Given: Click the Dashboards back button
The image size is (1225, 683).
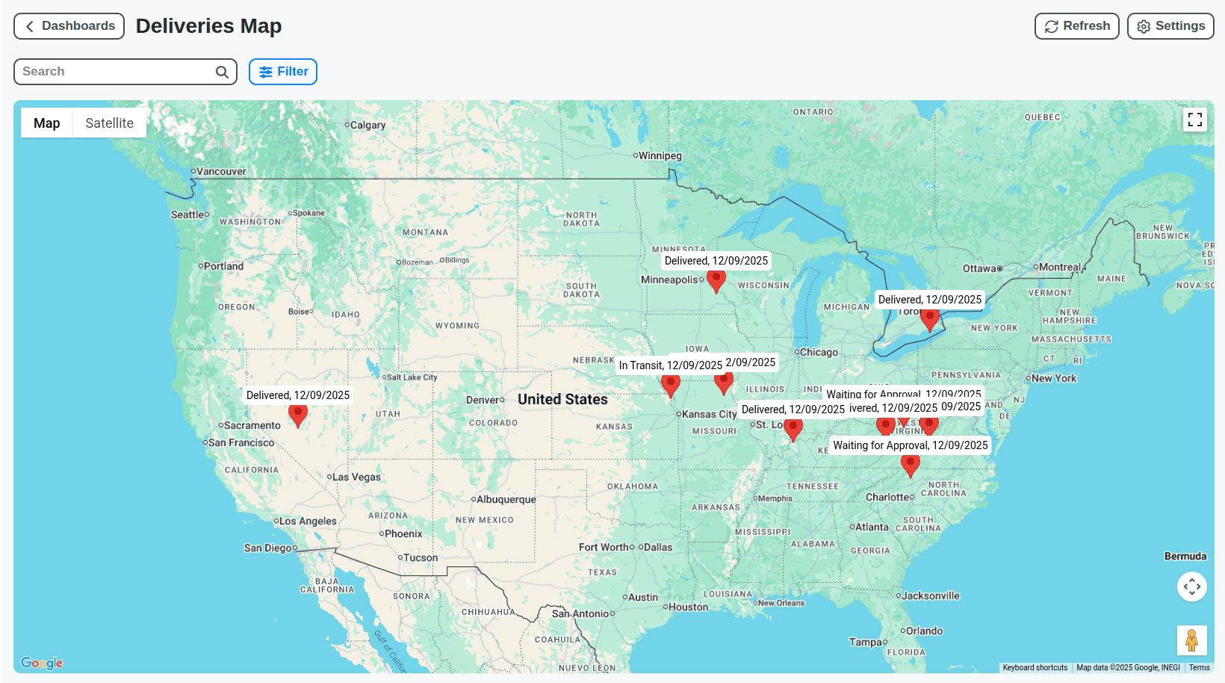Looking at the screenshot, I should pyautogui.click(x=69, y=26).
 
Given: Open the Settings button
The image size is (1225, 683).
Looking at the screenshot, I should pyautogui.click(x=1170, y=26).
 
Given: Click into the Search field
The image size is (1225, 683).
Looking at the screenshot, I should pyautogui.click(x=116, y=72).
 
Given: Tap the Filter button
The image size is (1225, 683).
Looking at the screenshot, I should pyautogui.click(x=283, y=72).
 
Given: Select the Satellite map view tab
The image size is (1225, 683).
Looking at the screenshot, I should pyautogui.click(x=109, y=123).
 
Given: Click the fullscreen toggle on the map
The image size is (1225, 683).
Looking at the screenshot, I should pyautogui.click(x=1194, y=120).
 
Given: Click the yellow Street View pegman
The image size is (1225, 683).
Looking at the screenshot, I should pyautogui.click(x=1191, y=640).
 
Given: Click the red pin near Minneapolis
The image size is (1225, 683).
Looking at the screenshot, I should pyautogui.click(x=716, y=280).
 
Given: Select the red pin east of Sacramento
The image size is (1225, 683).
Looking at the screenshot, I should pyautogui.click(x=297, y=414).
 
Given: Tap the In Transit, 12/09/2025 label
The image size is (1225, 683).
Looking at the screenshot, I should pyautogui.click(x=670, y=365).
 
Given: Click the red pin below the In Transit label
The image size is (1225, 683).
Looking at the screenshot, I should pyautogui.click(x=670, y=385).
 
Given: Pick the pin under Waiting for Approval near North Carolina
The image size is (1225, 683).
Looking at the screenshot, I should pyautogui.click(x=910, y=464).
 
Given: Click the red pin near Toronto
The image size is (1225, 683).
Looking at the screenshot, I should pyautogui.click(x=929, y=318).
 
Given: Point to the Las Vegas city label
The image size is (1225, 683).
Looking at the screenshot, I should pyautogui.click(x=356, y=477).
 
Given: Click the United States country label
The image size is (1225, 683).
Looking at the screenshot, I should pyautogui.click(x=562, y=399).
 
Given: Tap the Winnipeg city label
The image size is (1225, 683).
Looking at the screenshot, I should pyautogui.click(x=660, y=155).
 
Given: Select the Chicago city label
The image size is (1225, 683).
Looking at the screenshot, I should pyautogui.click(x=819, y=352).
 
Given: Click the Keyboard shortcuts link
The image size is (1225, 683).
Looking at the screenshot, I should pyautogui.click(x=1035, y=667).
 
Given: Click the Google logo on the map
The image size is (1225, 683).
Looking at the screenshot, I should pyautogui.click(x=42, y=663).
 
